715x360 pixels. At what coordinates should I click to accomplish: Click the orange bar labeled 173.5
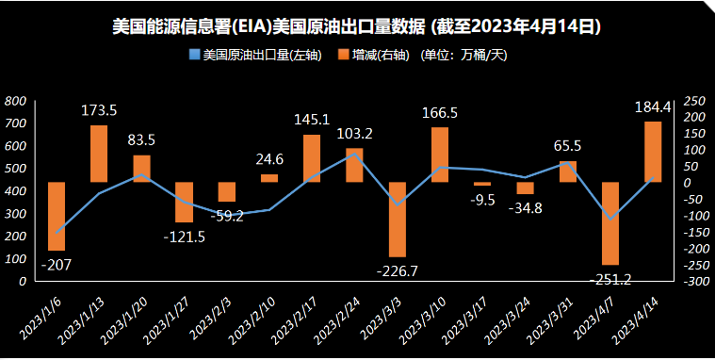click(99, 154)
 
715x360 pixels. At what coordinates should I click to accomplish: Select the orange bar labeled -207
click(57, 216)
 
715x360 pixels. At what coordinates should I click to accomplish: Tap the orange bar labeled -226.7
click(397, 219)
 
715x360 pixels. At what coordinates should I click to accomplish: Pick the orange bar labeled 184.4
click(652, 152)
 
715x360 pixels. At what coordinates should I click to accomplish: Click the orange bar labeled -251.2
click(609, 223)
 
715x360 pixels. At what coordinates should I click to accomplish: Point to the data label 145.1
click(312, 120)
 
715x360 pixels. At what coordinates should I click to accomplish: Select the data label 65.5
click(566, 146)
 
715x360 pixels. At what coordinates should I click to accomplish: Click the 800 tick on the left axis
click(15, 101)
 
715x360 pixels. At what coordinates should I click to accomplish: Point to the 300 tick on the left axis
click(15, 214)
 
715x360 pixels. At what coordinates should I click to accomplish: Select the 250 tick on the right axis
click(694, 101)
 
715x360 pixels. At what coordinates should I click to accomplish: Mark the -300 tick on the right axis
click(694, 281)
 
